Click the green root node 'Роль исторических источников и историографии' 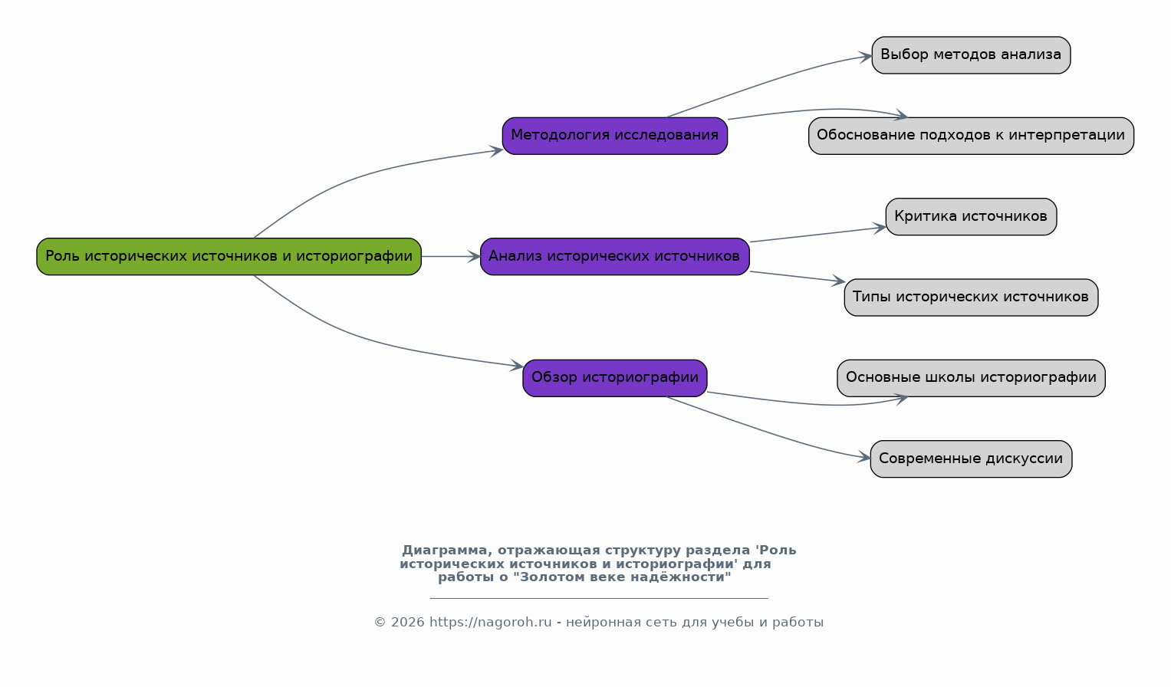coord(229,257)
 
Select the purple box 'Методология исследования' coord(615,136)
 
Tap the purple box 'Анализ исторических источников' coord(615,257)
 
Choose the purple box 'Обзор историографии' coord(615,378)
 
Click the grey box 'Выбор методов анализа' coord(972,55)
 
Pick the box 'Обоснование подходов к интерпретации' coord(972,136)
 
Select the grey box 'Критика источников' coord(972,216)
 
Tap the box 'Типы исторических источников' coord(972,297)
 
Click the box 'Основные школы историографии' coord(972,378)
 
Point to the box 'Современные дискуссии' coord(972,459)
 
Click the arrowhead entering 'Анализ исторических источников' coord(474,257)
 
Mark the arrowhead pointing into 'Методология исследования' coord(496,150)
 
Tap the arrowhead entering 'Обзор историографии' coord(517,366)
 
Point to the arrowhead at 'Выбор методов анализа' coord(866,57)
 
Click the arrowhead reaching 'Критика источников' coord(880,228)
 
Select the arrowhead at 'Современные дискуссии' coord(864,458)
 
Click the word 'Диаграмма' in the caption coord(444,551)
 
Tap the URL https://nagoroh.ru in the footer coord(490,622)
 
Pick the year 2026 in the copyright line coord(407,622)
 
